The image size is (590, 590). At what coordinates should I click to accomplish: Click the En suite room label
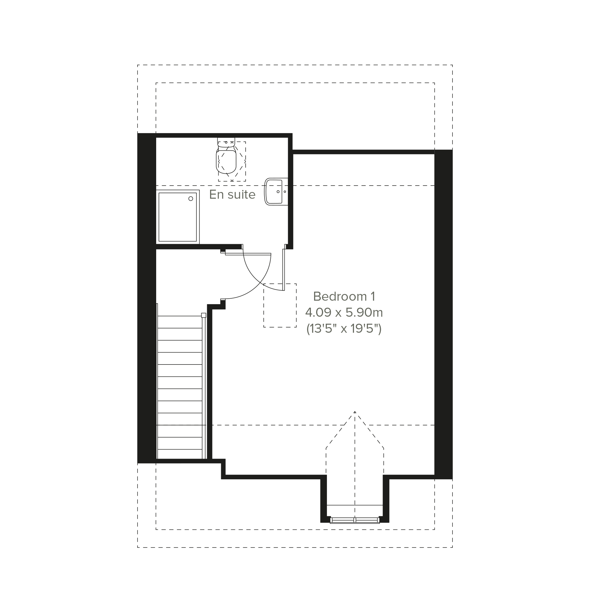(232, 195)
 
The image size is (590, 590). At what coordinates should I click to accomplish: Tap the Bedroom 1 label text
(344, 297)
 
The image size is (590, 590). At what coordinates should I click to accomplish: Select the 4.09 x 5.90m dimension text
(344, 312)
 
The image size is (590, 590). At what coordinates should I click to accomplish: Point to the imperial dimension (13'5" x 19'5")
(344, 329)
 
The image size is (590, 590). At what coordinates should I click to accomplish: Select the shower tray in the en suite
(178, 217)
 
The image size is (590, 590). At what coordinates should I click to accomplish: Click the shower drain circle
(191, 198)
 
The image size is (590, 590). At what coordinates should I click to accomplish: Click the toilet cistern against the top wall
(226, 142)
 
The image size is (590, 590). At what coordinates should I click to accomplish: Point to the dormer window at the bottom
(355, 520)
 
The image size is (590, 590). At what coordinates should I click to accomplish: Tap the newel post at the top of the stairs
(204, 316)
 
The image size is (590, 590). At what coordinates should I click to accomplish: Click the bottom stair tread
(179, 454)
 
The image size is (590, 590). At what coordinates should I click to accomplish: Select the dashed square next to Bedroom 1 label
(280, 305)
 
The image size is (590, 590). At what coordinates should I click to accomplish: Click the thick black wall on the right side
(443, 315)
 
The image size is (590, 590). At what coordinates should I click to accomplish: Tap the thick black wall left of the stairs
(147, 298)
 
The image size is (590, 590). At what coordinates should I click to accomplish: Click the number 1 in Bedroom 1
(373, 297)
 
